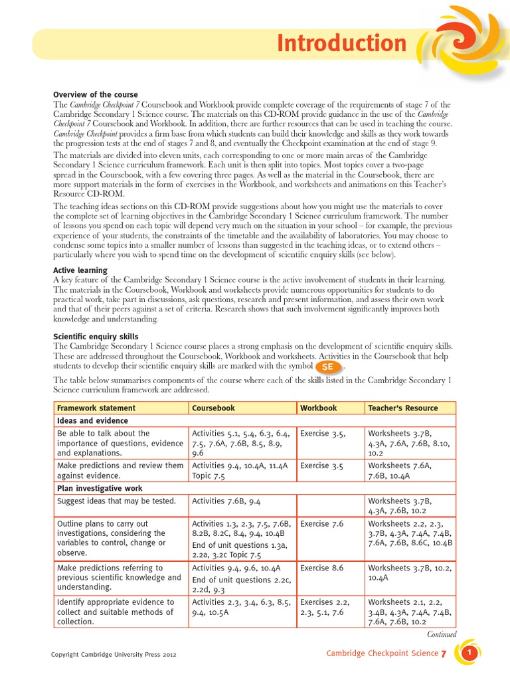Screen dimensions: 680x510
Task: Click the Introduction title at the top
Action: (341, 44)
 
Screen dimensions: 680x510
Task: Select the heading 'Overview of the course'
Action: (90, 94)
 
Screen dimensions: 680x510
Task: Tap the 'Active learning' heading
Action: (80, 270)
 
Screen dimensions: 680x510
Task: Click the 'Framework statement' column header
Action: (96, 408)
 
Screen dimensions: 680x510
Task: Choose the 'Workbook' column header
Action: (319, 408)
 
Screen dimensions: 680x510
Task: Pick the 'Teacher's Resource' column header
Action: (403, 408)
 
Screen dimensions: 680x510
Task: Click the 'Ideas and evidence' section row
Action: (92, 420)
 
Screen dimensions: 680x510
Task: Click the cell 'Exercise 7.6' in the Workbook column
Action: (322, 524)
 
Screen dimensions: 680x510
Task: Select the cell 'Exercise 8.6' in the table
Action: (322, 568)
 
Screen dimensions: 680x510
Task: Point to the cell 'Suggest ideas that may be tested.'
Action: (117, 501)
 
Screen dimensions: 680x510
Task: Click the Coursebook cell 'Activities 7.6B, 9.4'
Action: (226, 501)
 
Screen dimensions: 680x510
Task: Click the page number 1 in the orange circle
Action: (469, 654)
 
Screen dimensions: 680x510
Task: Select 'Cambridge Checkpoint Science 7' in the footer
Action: (386, 654)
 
